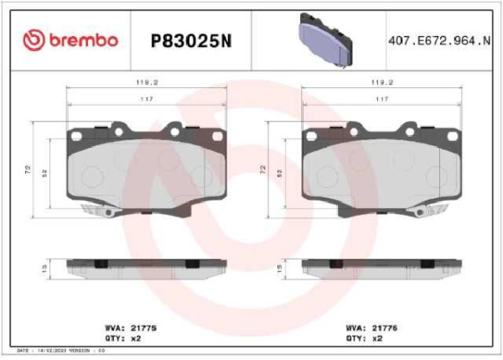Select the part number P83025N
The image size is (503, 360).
[189, 40]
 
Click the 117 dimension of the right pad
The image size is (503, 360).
[381, 100]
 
